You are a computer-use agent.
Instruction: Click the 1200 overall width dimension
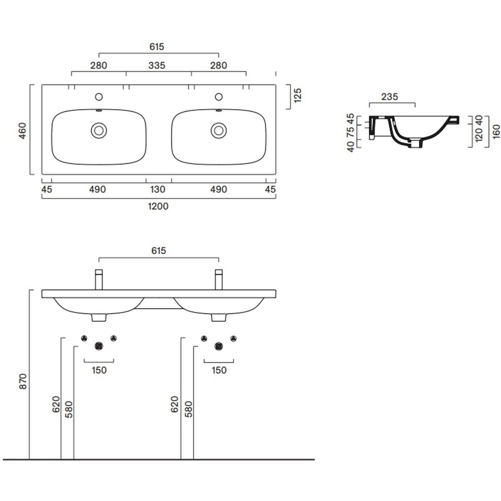click(158, 206)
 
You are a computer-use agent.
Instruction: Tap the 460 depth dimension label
click(23, 131)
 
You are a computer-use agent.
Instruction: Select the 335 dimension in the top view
click(157, 66)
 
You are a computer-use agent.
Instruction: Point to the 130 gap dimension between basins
click(157, 190)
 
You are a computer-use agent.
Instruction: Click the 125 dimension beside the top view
click(298, 96)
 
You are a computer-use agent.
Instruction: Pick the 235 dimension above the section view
click(390, 97)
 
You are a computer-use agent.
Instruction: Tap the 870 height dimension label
click(23, 382)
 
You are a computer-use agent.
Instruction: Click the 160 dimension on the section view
click(496, 132)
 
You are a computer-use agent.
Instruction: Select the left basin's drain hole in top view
click(99, 131)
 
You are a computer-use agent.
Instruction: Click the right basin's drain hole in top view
click(219, 131)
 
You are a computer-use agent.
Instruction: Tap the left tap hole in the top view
click(99, 97)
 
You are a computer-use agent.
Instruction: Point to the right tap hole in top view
click(219, 97)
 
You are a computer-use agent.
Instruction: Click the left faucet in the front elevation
click(99, 279)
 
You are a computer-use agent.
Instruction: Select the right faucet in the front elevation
click(219, 279)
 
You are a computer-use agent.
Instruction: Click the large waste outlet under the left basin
click(99, 346)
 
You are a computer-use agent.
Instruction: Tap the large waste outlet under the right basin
click(219, 346)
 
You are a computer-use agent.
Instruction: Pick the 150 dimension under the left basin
click(99, 370)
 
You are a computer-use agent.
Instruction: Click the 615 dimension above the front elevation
click(159, 250)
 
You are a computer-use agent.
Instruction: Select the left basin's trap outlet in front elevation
click(99, 318)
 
